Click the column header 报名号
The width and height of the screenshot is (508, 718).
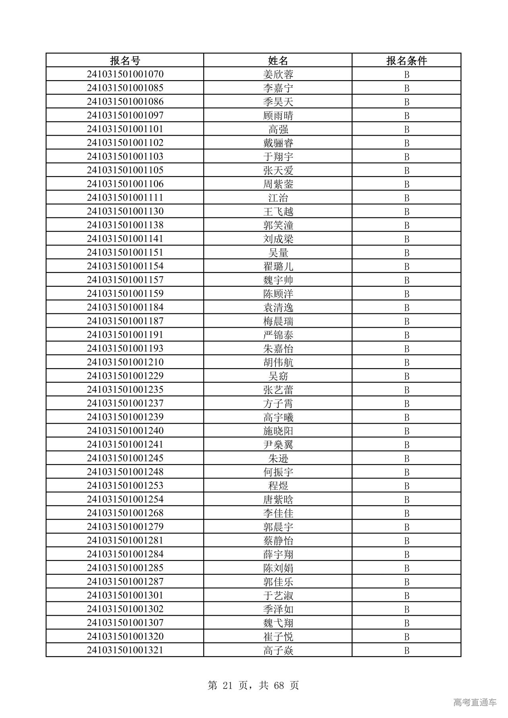tap(125, 60)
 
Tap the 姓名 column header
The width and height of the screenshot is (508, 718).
tap(278, 60)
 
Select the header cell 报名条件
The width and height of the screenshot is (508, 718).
tap(406, 60)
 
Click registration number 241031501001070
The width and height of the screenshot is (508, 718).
tap(125, 74)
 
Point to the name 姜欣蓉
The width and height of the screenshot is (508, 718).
tap(278, 74)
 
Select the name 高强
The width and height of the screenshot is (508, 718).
tap(278, 129)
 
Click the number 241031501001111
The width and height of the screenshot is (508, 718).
tap(125, 198)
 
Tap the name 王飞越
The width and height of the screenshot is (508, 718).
tap(278, 211)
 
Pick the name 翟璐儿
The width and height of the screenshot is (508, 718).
tap(278, 266)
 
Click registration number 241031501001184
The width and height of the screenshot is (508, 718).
tap(125, 307)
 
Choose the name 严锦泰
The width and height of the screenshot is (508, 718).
tap(278, 335)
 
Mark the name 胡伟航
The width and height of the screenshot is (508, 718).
tap(278, 362)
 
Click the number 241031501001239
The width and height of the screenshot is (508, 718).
tap(125, 417)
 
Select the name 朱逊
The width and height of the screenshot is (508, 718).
tap(278, 458)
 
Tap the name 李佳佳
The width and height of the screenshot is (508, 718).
tap(278, 513)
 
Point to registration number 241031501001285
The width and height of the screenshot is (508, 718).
tap(125, 568)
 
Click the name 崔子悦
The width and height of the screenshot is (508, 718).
tap(278, 636)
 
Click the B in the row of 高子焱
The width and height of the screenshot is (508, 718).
tap(406, 650)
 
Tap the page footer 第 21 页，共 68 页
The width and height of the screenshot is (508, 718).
tap(253, 685)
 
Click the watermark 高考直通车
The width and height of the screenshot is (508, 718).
tap(475, 703)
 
